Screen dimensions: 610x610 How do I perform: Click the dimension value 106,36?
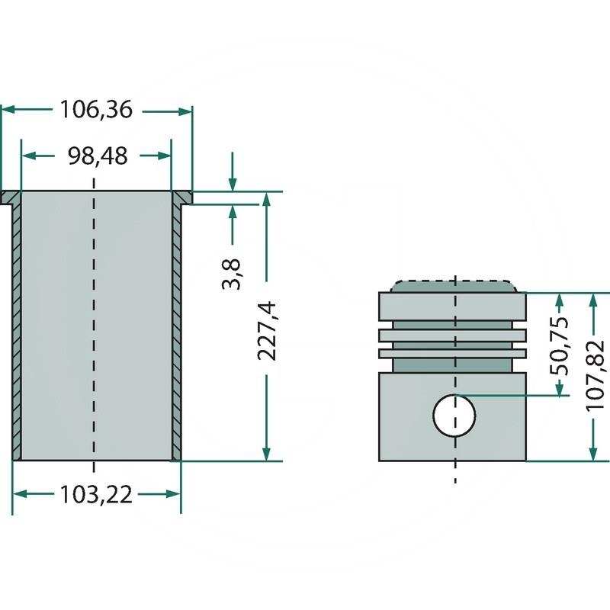click(96, 111)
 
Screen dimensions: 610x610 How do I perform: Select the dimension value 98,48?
click(96, 156)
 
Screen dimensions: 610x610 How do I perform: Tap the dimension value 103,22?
click(96, 495)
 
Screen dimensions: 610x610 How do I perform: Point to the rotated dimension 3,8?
click(233, 274)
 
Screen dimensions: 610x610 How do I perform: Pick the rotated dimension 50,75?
click(560, 345)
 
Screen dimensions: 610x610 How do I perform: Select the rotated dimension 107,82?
click(595, 376)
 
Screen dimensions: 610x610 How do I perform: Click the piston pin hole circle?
click(454, 416)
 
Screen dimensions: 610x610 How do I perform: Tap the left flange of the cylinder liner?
click(11, 198)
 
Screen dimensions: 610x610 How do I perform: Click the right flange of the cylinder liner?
click(182, 198)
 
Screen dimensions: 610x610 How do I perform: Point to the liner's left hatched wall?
click(16, 335)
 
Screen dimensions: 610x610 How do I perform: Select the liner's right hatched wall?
click(177, 335)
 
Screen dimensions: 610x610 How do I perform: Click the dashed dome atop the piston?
click(454, 285)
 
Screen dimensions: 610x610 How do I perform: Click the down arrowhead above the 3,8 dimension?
click(233, 185)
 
